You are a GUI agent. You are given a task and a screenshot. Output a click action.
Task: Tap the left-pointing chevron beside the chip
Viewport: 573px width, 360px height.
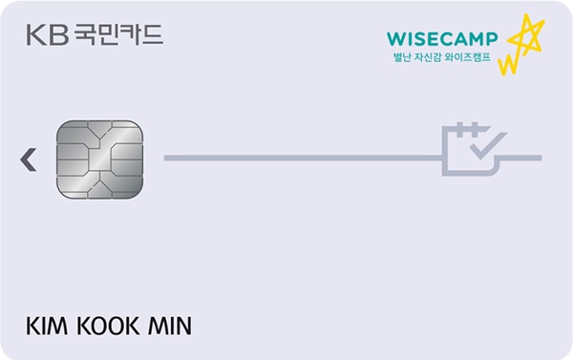29,159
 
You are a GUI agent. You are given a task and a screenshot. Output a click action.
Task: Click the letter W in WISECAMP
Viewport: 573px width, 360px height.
394,39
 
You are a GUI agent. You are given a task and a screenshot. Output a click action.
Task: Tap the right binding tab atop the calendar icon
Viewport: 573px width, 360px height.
475,129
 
